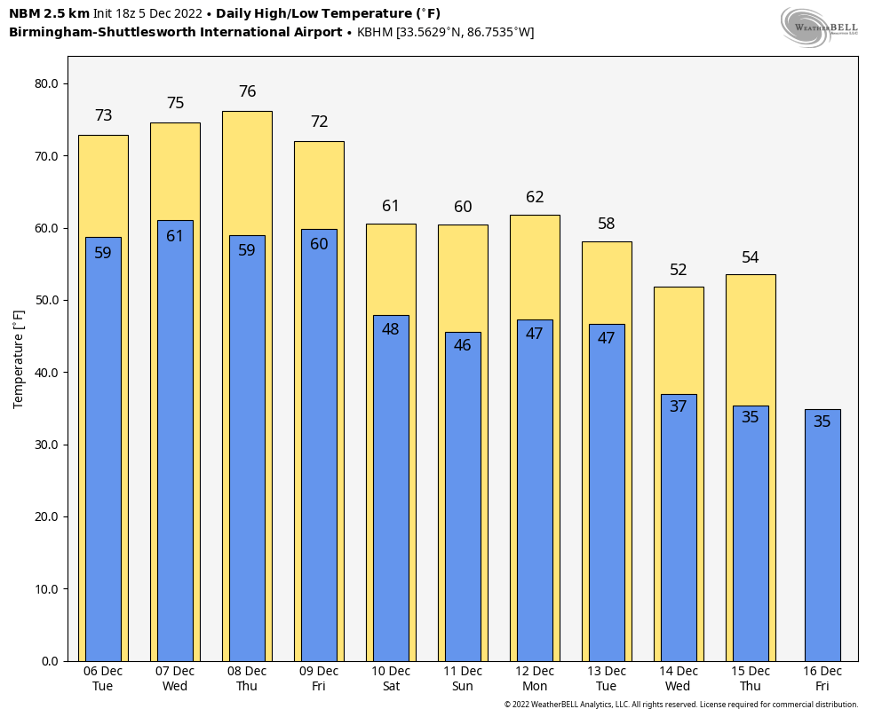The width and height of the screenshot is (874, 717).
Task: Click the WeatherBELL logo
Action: pos(819,27)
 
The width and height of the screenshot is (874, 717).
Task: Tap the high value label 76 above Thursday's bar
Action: pos(248,92)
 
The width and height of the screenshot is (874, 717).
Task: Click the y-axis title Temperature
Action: pos(19,359)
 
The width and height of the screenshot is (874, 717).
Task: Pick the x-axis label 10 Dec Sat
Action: pos(391,679)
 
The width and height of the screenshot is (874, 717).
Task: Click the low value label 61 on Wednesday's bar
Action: pos(175,236)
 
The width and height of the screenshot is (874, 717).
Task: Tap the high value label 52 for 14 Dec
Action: pos(679,270)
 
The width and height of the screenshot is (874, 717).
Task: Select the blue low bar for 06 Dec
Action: pos(103,461)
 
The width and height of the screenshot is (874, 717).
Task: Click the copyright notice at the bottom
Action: pos(681,705)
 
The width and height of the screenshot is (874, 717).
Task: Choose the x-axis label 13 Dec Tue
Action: pos(607,679)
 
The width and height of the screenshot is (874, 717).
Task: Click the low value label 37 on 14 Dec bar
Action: pos(679,406)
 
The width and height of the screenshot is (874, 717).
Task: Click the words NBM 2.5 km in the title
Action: pos(49,13)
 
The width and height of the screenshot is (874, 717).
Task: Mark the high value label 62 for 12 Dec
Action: pos(535,197)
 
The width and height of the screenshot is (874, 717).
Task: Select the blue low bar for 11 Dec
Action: pos(463,506)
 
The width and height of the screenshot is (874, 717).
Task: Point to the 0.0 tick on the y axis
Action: pos(50,661)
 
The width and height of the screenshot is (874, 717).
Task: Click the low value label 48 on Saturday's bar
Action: pos(391,329)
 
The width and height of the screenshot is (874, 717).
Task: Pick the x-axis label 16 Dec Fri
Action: pos(822,679)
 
